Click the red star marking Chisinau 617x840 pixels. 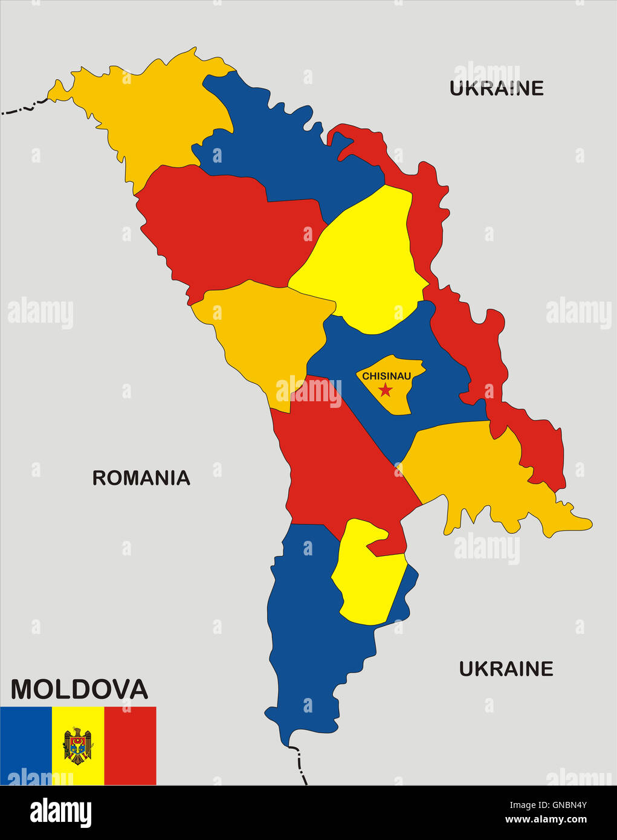coord(385,390)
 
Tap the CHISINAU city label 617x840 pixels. coord(386,376)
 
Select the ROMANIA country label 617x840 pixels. coord(141,478)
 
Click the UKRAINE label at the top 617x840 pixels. coord(496,88)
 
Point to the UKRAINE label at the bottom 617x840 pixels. coord(506,668)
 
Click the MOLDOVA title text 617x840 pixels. coord(79,689)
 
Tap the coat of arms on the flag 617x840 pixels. coord(78,746)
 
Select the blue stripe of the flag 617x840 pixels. coord(26,746)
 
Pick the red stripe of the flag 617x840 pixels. coord(130,746)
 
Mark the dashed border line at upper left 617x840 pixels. coord(24,109)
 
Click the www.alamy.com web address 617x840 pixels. coord(546,819)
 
